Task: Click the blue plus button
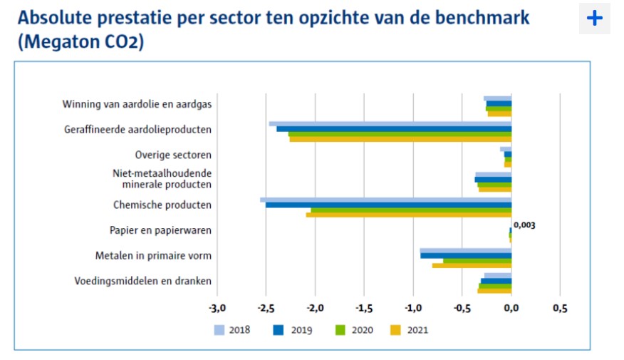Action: [x=594, y=19]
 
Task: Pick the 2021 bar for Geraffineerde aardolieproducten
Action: [x=400, y=139]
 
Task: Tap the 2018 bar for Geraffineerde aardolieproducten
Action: [x=390, y=124]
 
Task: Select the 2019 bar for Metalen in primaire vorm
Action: [x=466, y=255]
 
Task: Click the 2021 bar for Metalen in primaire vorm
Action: [x=472, y=265]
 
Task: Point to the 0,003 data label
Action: [x=524, y=225]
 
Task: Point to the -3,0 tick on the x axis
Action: [x=217, y=309]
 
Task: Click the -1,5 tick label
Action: [x=364, y=309]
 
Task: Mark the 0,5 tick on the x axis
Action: [x=560, y=309]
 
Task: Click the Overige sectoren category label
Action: [x=173, y=155]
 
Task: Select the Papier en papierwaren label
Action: [x=160, y=230]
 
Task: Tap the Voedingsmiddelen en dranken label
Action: [x=142, y=281]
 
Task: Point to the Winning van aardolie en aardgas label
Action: [x=137, y=105]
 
